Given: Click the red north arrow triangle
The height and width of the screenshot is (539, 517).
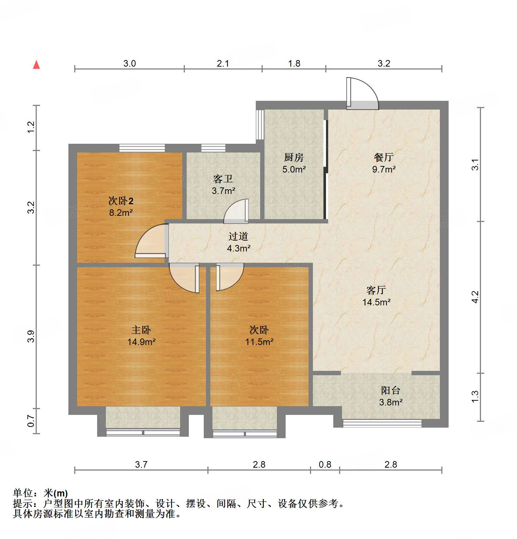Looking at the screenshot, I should (x=36, y=65).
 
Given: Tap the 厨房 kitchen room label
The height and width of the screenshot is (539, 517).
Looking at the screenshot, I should (x=294, y=157).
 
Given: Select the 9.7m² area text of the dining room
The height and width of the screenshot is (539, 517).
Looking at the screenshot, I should (x=383, y=169).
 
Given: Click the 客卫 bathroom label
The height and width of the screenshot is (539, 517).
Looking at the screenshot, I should (x=223, y=179).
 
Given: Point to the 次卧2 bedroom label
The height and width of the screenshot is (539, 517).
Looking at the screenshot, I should (x=121, y=201).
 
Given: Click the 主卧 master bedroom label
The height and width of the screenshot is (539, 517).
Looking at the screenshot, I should (x=141, y=330).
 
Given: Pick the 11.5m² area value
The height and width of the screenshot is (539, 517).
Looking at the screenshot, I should (x=259, y=342).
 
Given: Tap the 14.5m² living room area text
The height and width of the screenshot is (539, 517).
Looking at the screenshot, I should (x=376, y=302).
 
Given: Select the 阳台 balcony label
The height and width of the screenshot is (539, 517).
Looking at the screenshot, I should (x=390, y=390).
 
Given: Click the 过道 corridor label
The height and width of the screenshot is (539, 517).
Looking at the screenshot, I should (x=238, y=236).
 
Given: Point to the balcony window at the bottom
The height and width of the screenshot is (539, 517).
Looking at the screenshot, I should (x=382, y=423).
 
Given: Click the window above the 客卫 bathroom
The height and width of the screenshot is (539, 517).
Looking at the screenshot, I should (x=213, y=148).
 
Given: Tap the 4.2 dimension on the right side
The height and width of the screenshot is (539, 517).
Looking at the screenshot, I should (x=475, y=297).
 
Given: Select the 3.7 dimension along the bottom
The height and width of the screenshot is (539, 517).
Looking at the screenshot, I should (x=141, y=464).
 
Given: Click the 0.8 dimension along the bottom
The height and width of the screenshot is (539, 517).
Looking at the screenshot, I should (x=325, y=464).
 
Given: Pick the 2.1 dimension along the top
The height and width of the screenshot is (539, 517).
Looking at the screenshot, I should (x=223, y=63).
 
